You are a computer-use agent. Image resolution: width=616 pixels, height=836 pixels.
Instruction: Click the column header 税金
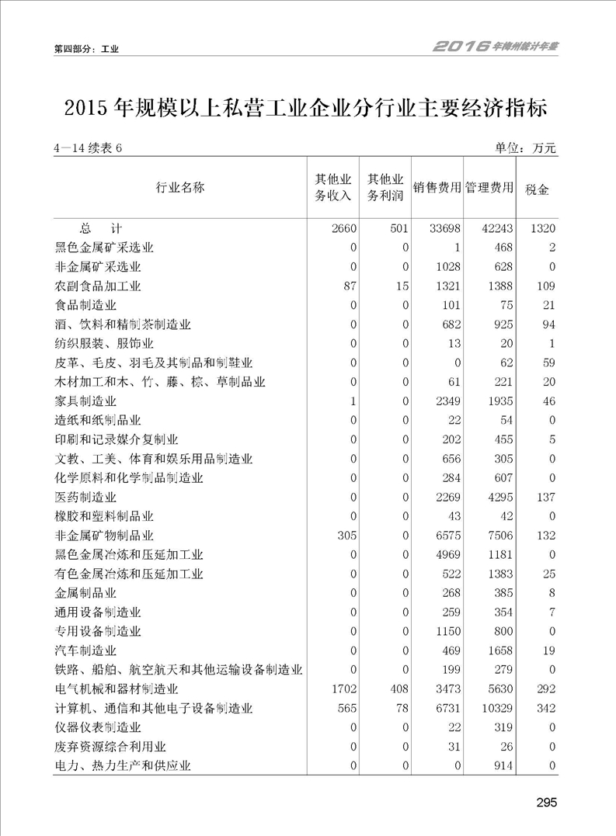click(537, 188)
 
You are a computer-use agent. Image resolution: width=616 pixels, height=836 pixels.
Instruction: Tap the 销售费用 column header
click(437, 188)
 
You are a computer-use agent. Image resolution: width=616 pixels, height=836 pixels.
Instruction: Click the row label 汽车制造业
click(85, 650)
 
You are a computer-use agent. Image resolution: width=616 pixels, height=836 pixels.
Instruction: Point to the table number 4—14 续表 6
click(89, 149)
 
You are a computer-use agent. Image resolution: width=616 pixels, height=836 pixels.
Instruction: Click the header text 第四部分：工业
click(86, 49)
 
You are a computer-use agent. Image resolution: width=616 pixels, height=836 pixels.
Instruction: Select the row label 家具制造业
click(85, 401)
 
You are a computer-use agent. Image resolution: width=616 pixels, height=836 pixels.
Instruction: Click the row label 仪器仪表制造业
click(98, 727)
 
